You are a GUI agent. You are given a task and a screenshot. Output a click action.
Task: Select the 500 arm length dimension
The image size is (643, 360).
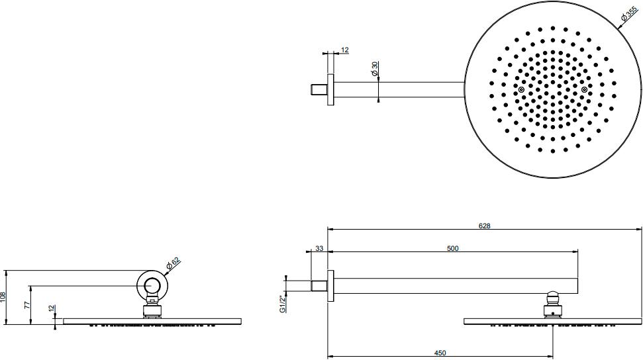coord(453,248)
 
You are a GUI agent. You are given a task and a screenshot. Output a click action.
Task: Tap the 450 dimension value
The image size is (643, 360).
coord(440,353)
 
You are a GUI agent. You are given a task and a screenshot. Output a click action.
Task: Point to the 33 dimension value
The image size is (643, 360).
coord(319,249)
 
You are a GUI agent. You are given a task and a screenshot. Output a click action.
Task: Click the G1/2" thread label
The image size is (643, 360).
coord(282,301)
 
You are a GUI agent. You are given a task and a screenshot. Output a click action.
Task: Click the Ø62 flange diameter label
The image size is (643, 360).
coord(173,263)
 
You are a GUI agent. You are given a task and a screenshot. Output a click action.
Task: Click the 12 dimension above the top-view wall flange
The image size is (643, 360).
coord(344,50)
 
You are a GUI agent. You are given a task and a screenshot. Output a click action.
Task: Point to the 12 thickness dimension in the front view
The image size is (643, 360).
coord(52,310)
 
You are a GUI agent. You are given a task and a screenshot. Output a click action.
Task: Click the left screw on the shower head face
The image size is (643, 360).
coord(521,90)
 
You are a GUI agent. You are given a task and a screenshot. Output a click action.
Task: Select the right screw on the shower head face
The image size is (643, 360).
coord(584,90)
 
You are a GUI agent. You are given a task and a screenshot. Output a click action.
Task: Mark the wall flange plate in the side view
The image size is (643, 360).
coord(330,286)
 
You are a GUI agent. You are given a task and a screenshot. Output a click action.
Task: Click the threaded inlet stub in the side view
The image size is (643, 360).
coord(319,286)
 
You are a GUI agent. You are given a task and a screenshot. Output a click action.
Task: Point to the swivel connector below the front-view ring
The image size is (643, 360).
coord(152,310)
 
